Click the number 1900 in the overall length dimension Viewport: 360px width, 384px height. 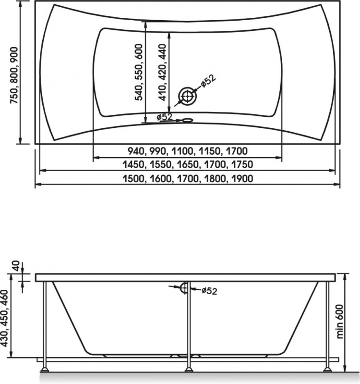tap(242, 179)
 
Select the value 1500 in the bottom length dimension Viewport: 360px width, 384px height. tap(133, 179)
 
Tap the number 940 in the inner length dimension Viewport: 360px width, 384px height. tap(136, 151)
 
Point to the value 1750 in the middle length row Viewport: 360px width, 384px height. tap(242, 164)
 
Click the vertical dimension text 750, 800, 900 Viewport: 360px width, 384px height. tap(14, 75)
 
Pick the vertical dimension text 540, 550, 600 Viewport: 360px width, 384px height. tap(138, 72)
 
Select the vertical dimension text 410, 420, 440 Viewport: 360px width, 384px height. tap(162, 72)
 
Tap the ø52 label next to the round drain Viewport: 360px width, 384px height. tap(208, 80)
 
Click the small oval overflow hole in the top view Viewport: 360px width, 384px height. tap(188, 120)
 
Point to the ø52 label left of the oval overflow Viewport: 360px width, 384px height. tap(165, 117)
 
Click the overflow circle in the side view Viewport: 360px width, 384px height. tap(185, 288)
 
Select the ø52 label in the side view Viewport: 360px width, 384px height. tap(210, 291)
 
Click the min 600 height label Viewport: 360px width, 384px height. tap(339, 322)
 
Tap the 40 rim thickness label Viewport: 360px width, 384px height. tap(15, 266)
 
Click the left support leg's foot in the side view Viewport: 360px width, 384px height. tap(45, 369)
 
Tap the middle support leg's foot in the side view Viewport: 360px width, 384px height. tap(188, 369)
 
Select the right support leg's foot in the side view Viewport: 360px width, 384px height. tap(327, 369)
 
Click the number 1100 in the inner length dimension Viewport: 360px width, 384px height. tap(182, 151)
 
